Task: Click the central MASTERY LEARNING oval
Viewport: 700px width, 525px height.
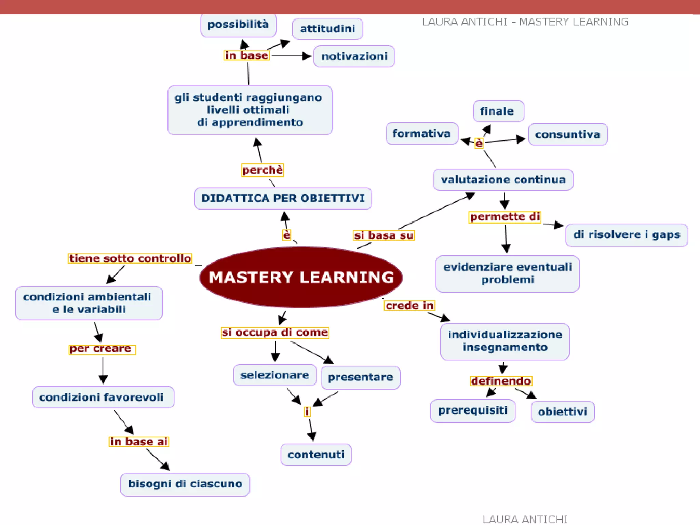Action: (301, 277)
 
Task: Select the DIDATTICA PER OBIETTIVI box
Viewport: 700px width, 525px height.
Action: (283, 198)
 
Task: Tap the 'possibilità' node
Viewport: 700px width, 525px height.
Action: (238, 25)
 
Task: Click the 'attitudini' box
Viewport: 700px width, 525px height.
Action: (327, 29)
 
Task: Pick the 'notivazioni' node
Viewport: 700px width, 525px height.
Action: (354, 56)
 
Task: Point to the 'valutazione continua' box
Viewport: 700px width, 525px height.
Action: (503, 179)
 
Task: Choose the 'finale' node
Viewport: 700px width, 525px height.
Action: (498, 111)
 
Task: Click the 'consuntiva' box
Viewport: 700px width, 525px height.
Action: (568, 134)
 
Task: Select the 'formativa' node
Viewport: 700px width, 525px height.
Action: (421, 133)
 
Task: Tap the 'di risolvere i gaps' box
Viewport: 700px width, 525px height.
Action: (627, 235)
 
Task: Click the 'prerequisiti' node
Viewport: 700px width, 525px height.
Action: (472, 410)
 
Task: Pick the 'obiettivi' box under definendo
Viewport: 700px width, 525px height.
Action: (562, 412)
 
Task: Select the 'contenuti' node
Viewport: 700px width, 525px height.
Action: (316, 455)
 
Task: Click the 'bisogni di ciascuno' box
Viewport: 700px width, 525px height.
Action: (185, 484)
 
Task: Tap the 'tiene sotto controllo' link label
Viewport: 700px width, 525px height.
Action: (130, 258)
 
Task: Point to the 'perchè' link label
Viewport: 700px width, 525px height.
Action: (262, 170)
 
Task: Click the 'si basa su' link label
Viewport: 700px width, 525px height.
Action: (384, 235)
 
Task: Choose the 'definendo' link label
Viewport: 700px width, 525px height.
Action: (501, 381)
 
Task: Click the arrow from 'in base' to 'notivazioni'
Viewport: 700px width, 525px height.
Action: (291, 56)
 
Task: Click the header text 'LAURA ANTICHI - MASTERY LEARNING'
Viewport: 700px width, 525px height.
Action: (525, 22)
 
